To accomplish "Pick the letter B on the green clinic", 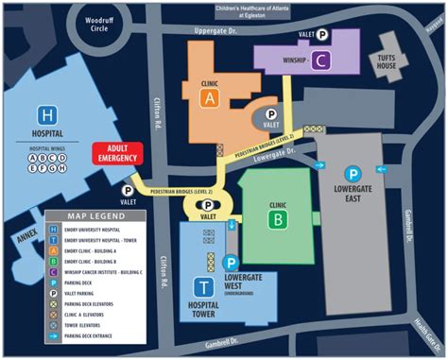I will click(278, 220).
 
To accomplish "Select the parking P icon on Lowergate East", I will click(352, 174).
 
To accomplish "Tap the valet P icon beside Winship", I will click(322, 34).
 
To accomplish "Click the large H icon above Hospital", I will click(45, 112).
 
